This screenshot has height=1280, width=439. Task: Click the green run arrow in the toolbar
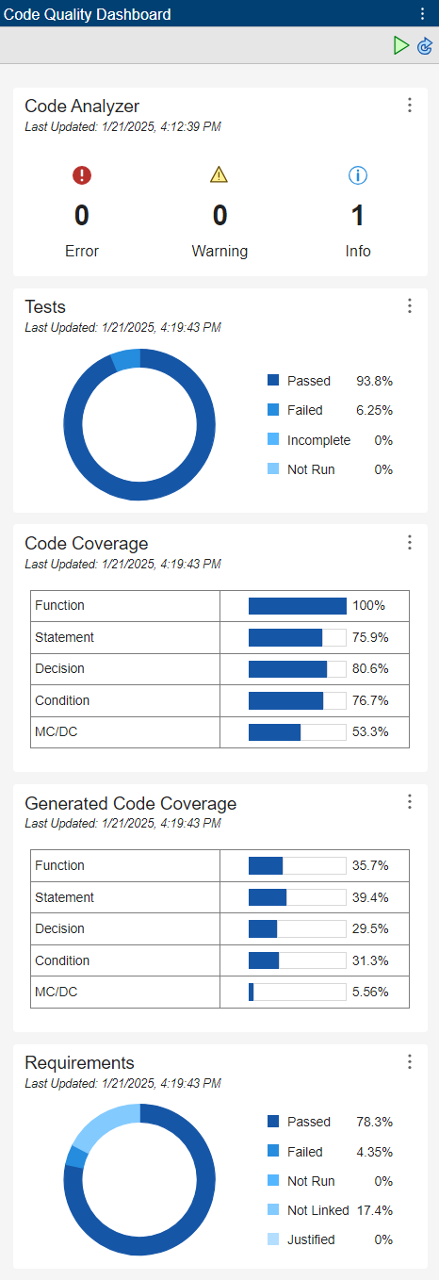401,45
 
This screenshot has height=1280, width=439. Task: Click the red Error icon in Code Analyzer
82,174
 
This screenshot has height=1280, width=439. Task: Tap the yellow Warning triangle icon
219,174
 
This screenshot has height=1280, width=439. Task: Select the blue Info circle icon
358,174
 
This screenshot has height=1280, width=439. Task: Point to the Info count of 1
358,216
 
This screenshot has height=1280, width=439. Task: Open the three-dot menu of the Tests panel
410,305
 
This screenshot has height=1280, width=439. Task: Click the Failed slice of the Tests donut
126,359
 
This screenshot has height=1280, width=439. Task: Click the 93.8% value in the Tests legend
374,381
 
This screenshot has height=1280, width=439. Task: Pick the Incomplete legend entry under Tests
318,440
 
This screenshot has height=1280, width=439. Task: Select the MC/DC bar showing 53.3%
274,731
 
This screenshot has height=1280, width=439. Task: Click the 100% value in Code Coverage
367,606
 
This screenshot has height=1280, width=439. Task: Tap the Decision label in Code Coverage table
59,668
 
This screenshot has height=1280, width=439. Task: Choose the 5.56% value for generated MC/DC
371,992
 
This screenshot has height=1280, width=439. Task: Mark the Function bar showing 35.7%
266,865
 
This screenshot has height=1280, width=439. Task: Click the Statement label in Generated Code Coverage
64,897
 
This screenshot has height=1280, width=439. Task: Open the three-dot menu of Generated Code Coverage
410,801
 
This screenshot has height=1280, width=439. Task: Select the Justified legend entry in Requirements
311,1239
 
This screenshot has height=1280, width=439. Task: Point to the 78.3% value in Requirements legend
374,1122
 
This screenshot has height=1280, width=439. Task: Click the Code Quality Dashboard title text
88,14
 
